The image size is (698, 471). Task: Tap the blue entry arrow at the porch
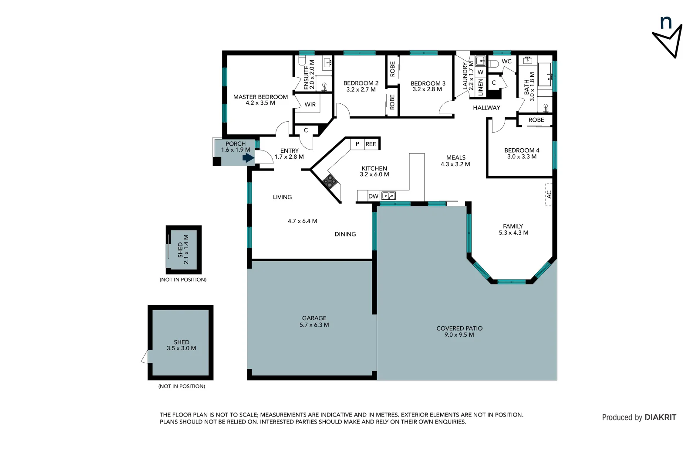click(x=249, y=157)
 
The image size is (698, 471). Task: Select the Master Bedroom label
click(x=260, y=100)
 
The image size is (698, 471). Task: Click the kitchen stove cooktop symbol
click(x=330, y=181)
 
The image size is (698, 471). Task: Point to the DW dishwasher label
click(x=373, y=196)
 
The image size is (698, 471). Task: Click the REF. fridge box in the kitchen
click(x=371, y=144)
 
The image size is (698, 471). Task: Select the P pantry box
click(x=357, y=144)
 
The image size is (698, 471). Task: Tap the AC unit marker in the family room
click(x=549, y=195)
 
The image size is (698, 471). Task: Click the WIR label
click(x=310, y=105)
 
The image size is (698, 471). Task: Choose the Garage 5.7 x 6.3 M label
click(x=314, y=321)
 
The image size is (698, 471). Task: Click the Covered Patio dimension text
click(x=459, y=335)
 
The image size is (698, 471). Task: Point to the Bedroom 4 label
click(x=522, y=153)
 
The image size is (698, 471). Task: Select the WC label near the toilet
click(x=506, y=61)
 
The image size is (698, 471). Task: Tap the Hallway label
click(x=486, y=108)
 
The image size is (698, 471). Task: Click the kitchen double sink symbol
click(x=388, y=196)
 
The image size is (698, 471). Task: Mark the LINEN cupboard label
click(x=480, y=87)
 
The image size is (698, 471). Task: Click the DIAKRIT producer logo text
click(x=660, y=417)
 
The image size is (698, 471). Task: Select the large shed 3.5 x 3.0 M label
click(x=181, y=345)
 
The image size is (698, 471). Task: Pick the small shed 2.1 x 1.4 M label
click(x=183, y=249)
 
